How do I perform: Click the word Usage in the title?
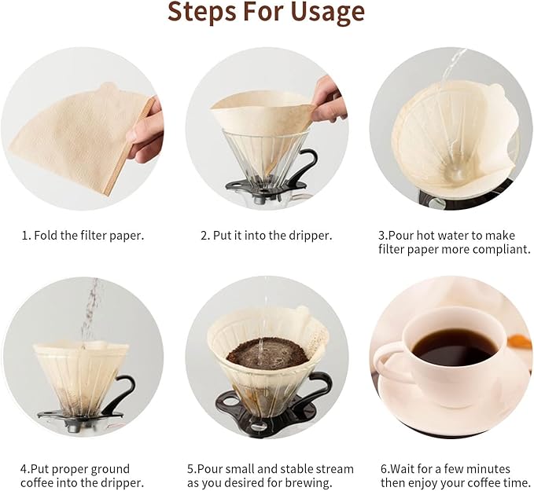[322, 12]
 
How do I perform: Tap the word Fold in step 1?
[46, 235]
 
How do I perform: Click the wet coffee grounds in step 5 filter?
[267, 353]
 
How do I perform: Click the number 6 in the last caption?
[384, 469]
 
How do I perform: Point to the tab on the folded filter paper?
[107, 88]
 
